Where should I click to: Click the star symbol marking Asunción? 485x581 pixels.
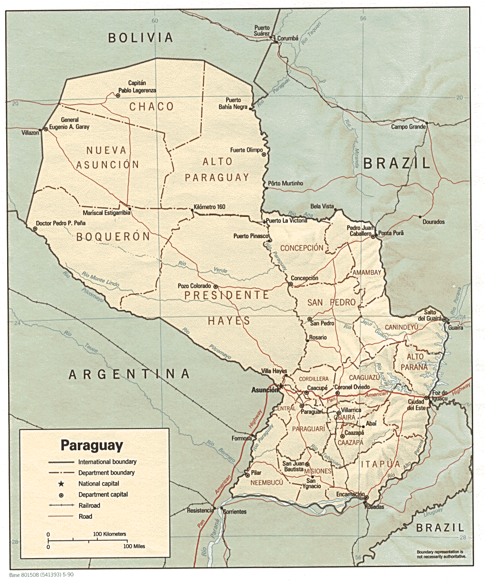pyautogui.click(x=281, y=386)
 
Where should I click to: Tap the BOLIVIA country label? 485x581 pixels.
pyautogui.click(x=140, y=38)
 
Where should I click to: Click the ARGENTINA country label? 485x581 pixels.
pyautogui.click(x=129, y=374)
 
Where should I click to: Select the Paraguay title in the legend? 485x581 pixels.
pyautogui.click(x=92, y=445)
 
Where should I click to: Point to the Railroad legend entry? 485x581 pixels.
pyautogui.click(x=89, y=506)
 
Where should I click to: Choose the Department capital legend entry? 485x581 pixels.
pyautogui.click(x=103, y=495)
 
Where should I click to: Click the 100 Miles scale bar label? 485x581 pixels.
pyautogui.click(x=134, y=546)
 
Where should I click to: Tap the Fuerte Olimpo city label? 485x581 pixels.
pyautogui.click(x=246, y=150)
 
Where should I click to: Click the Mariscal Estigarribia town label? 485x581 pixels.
pyautogui.click(x=106, y=213)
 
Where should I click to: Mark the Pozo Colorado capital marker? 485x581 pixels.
pyautogui.click(x=216, y=287)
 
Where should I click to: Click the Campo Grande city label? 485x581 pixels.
pyautogui.click(x=408, y=127)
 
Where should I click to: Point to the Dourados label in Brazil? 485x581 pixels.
pyautogui.click(x=433, y=222)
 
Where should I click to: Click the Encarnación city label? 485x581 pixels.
pyautogui.click(x=350, y=495)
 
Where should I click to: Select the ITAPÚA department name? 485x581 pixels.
pyautogui.click(x=380, y=464)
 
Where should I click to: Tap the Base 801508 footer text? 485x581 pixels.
pyautogui.click(x=41, y=575)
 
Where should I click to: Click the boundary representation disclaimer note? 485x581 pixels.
pyautogui.click(x=441, y=554)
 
